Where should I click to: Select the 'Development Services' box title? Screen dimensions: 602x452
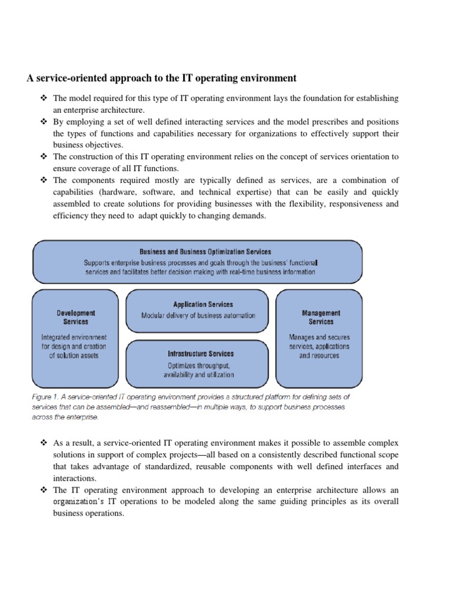pos(76,317)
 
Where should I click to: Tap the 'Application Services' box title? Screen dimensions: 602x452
pos(203,304)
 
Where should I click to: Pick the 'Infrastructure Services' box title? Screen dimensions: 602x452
pos(200,353)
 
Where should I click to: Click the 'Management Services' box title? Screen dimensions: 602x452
pos(321,317)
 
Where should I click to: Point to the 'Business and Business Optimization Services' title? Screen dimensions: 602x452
pos(205,252)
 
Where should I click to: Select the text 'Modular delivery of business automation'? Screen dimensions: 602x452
pos(198,315)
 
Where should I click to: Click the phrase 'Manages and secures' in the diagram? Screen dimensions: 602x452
pos(319,337)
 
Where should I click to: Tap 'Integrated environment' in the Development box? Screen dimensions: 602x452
pos(74,337)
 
